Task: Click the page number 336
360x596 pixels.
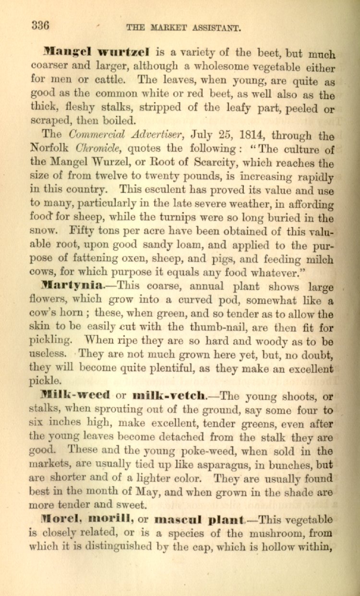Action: coord(40,25)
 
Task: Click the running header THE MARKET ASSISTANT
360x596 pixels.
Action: coord(183,28)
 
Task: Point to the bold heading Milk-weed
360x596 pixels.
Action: coord(75,395)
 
